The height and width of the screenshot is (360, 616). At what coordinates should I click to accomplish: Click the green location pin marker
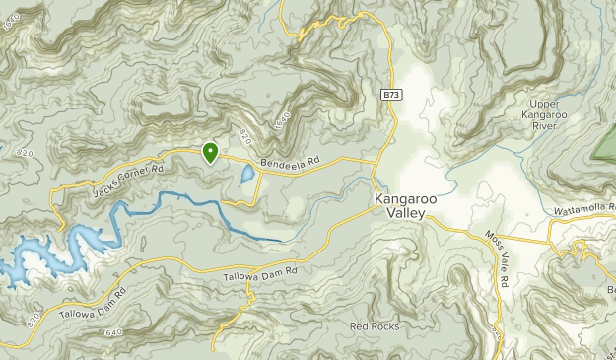210,152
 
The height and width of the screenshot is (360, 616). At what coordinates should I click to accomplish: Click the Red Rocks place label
375,325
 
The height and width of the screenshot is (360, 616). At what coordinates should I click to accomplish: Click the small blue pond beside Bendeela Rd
245,178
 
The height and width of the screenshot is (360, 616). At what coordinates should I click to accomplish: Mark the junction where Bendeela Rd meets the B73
376,160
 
